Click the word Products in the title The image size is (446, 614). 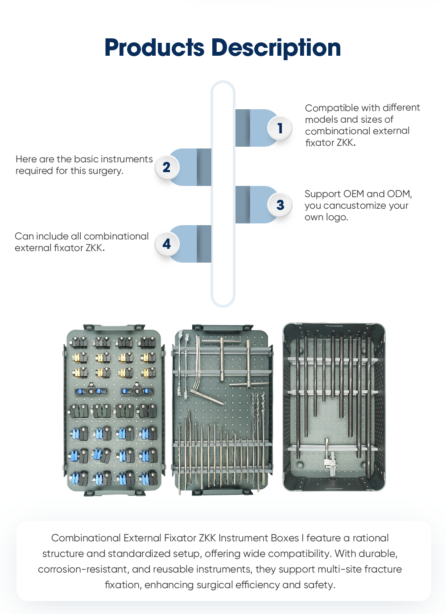154,48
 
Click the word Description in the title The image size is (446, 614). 276,48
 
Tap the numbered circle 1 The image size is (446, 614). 280,128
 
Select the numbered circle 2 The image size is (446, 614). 166,167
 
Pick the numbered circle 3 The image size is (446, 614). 280,205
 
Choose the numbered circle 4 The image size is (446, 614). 166,244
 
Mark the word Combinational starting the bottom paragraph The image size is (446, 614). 86,538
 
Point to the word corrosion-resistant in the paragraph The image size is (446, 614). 83,569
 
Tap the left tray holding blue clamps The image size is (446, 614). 113,410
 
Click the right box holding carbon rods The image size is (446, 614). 334,407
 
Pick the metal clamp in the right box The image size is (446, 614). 330,464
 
